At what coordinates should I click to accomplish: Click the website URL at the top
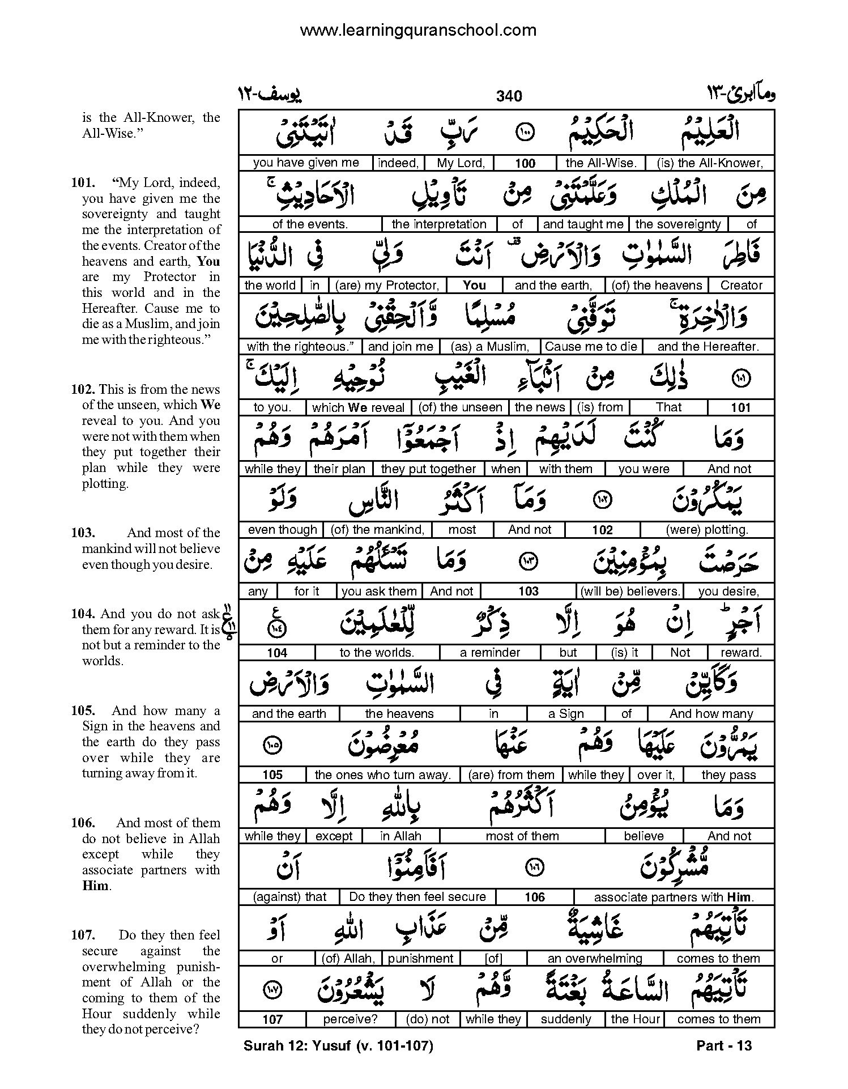tap(418, 30)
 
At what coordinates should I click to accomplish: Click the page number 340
tap(509, 96)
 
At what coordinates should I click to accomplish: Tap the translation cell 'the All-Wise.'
tap(601, 163)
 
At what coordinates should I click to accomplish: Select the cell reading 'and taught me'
tap(583, 224)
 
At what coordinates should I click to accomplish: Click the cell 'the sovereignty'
tap(678, 224)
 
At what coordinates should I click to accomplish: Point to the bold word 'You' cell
tap(474, 286)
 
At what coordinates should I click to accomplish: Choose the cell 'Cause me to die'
tap(591, 347)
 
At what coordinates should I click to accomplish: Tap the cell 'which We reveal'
tap(358, 408)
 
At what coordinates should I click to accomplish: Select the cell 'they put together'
tap(428, 469)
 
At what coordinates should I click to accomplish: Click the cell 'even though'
tap(282, 530)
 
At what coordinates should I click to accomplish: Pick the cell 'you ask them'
tap(379, 592)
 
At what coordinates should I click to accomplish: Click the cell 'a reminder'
tap(489, 653)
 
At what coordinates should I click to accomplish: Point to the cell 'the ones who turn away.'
tap(382, 775)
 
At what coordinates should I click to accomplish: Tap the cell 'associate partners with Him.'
tap(673, 897)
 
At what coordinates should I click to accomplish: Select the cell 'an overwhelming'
tap(594, 959)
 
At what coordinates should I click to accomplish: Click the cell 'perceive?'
tap(350, 1019)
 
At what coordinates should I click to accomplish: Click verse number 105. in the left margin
tap(83, 711)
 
